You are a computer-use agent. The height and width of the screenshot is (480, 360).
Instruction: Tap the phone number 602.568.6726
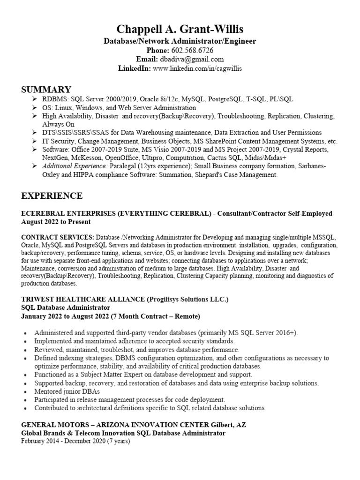coord(194,50)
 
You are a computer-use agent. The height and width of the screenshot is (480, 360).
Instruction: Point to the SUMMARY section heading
coord(46,90)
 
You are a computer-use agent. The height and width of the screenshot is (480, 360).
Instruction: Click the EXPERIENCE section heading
coord(52,195)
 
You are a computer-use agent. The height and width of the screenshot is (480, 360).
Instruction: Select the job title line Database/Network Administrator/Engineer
coord(180,41)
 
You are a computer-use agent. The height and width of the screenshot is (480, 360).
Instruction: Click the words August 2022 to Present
coord(56,222)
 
